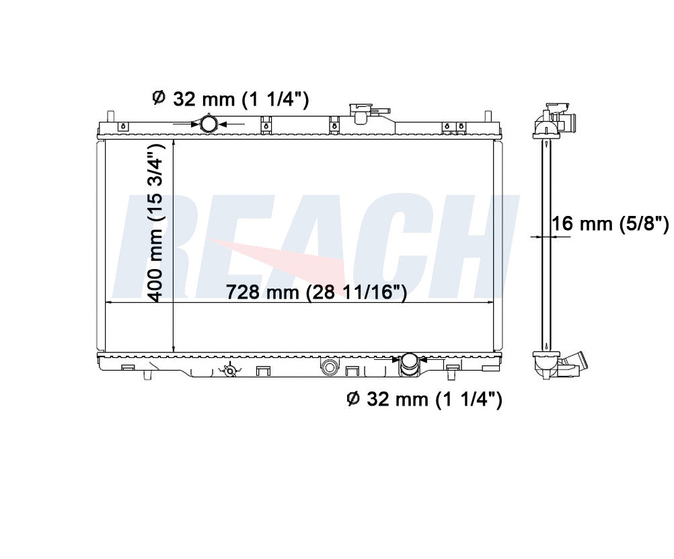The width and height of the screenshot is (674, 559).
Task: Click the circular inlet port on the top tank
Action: coord(209,124)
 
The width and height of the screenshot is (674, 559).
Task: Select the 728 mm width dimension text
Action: coord(316,292)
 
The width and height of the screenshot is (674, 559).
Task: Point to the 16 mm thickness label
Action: coord(610,223)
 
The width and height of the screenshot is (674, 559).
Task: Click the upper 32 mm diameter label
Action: coord(231,99)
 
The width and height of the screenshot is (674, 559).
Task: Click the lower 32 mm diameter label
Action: coord(424,400)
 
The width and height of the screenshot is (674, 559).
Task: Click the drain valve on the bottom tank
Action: coord(230,370)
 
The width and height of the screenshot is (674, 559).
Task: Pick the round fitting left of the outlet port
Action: coord(329,367)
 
